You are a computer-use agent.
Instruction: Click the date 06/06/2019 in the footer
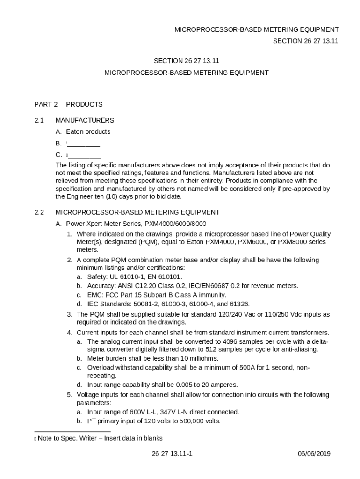(x=314, y=454)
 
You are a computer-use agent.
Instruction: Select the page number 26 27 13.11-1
(x=172, y=454)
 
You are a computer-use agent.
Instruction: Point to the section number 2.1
(x=39, y=120)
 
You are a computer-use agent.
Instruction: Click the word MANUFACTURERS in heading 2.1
(x=85, y=120)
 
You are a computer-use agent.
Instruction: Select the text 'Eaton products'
(x=88, y=132)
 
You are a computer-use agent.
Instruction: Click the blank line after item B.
(x=84, y=144)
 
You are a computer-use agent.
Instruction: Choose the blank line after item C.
(x=84, y=155)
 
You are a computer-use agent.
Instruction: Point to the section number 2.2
(x=39, y=212)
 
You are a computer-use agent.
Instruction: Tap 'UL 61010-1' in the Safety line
(x=126, y=277)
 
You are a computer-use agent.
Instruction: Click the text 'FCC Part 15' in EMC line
(x=123, y=295)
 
